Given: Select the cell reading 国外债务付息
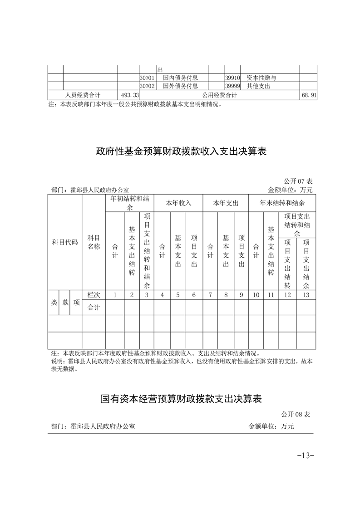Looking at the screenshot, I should tap(180, 86).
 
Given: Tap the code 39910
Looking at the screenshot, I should tap(232, 78).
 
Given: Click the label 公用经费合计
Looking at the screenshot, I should tap(220, 95).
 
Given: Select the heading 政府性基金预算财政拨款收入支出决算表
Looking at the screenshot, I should tap(181, 151).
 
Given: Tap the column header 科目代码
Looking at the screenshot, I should tap(65, 242).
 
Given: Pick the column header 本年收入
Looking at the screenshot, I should tap(178, 203).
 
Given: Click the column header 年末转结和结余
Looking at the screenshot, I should tap(282, 203).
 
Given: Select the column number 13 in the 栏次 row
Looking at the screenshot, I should tap(306, 295).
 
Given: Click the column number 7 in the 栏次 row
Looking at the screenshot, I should tap(210, 295).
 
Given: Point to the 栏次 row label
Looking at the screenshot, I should tap(94, 295).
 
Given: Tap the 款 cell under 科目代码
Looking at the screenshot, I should tap(66, 303).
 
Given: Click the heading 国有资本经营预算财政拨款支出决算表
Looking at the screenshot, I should tap(181, 399).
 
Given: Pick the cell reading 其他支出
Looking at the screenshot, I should tap(258, 86).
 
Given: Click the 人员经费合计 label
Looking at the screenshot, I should tap(83, 95).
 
